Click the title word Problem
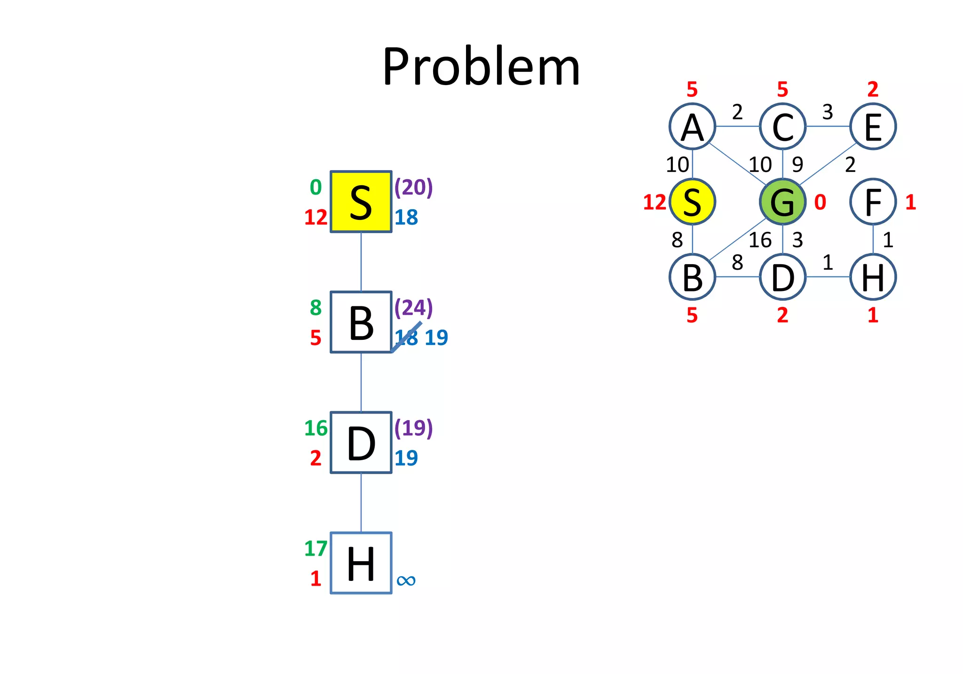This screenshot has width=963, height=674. pos(481,67)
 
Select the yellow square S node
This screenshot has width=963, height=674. pos(361,202)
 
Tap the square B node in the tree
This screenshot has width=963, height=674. pos(361,322)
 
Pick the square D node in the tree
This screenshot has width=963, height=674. pos(361,442)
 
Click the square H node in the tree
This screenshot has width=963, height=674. pos(361,563)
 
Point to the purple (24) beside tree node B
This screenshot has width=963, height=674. pos(413,307)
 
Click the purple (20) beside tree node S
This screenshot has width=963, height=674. pos(413,187)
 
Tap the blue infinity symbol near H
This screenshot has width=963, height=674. pos(406,580)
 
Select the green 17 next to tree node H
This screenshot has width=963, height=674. pos(316,549)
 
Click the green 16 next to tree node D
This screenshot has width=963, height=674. pos(316,428)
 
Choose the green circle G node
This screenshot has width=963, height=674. pos(782,202)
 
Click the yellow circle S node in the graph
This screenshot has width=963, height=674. pos(692,202)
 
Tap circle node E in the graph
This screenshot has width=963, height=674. pos(873,126)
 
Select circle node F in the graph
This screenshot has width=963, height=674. pos(873,202)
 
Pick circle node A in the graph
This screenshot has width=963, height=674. pos(692,126)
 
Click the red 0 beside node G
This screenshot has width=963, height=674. pos(820,202)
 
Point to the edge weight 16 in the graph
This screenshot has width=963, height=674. pos(760,240)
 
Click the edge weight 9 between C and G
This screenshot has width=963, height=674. pos(797,165)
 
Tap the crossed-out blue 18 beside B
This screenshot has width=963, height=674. pos(406,337)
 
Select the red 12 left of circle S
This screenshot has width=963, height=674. pos(655,203)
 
